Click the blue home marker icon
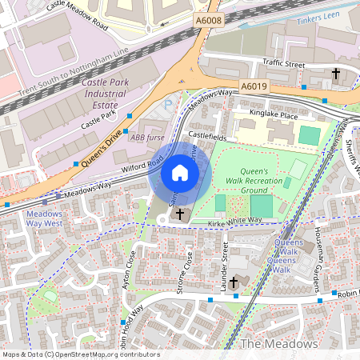coord(180,173)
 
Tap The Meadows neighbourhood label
coord(280,343)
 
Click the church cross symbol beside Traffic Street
coord(335,74)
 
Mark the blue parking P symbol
coord(166,103)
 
